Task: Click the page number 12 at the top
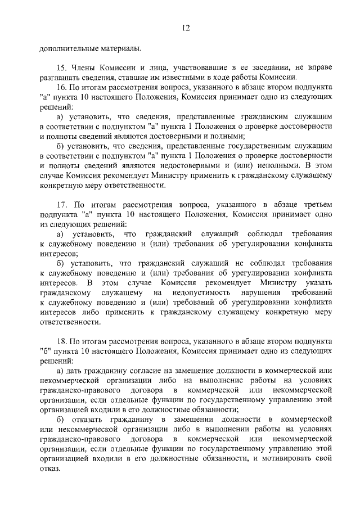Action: [x=186, y=28]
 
